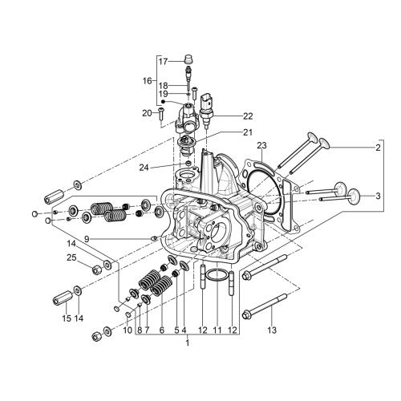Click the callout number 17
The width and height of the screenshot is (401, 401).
tap(163, 62)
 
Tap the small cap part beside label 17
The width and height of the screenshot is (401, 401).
tap(188, 59)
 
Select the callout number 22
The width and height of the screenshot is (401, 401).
tap(248, 116)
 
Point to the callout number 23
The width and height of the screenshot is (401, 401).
tap(262, 146)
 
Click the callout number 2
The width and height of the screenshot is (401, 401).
tap(378, 148)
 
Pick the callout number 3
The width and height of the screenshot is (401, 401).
tap(378, 196)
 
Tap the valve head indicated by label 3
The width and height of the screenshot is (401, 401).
tap(354, 196)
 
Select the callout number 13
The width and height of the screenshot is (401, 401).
tap(272, 330)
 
